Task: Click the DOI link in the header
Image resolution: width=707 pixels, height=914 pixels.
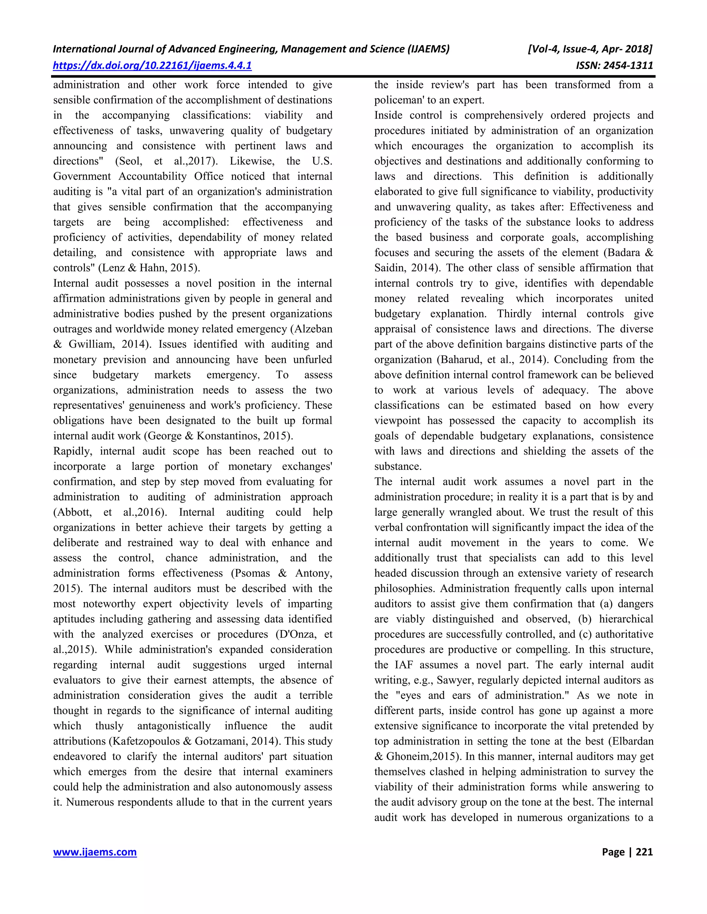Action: pyautogui.click(x=152, y=65)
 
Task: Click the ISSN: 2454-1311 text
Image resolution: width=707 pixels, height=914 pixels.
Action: pyautogui.click(x=614, y=65)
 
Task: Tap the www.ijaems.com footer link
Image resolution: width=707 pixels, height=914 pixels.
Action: pyautogui.click(x=95, y=852)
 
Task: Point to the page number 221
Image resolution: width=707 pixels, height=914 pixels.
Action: pyautogui.click(x=644, y=852)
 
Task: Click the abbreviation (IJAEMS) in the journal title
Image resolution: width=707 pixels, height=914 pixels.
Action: pyautogui.click(x=428, y=49)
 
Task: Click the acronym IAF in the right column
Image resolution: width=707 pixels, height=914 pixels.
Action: pyautogui.click(x=405, y=665)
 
